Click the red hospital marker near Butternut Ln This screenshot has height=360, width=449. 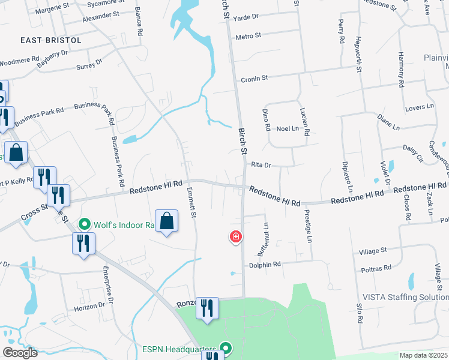tap(237, 237)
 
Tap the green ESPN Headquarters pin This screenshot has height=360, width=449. tap(226, 348)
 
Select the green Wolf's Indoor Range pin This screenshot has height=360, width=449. tap(85, 224)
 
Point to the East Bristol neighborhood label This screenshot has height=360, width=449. tap(50, 40)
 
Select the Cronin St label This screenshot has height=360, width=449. tap(254, 79)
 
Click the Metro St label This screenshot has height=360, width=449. tap(249, 37)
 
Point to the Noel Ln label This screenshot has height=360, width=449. tap(288, 128)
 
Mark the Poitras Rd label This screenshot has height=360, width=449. tap(376, 268)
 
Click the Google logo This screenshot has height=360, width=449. tap(20, 353)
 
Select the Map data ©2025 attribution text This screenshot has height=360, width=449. tap(423, 355)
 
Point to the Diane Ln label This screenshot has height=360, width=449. tap(388, 123)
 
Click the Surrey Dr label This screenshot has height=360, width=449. tap(89, 64)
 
